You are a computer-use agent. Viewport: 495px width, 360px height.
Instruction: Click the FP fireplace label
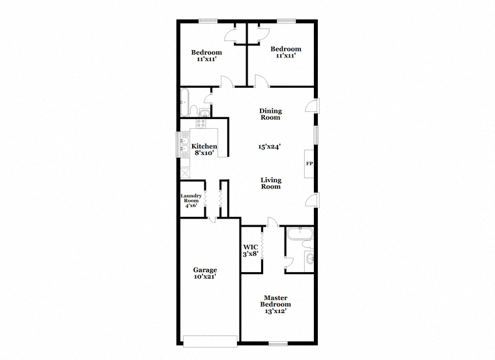309,164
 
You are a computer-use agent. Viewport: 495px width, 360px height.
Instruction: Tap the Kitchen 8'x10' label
205,150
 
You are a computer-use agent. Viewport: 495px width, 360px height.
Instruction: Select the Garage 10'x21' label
205,273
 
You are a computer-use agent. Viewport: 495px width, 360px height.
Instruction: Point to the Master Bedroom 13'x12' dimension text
276,311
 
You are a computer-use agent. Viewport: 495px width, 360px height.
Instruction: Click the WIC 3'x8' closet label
251,251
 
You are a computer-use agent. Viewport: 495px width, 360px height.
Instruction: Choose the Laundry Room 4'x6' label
191,201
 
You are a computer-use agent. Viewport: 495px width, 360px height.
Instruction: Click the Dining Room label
270,114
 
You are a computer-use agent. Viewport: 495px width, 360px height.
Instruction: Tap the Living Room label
271,184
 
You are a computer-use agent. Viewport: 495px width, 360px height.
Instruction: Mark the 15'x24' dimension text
269,146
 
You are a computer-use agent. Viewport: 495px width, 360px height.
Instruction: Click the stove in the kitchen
201,123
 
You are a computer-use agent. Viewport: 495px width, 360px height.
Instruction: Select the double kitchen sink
184,144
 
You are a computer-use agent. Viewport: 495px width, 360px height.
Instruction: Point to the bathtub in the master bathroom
300,234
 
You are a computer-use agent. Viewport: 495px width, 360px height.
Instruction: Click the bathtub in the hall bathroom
184,102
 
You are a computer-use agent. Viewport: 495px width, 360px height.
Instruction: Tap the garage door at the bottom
210,341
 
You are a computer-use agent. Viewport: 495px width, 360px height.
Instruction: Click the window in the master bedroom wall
278,343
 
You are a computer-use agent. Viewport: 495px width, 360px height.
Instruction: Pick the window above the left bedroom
208,21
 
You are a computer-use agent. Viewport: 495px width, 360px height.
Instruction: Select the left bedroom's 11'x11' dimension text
206,59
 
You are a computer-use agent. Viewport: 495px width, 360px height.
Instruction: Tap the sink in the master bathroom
309,258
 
